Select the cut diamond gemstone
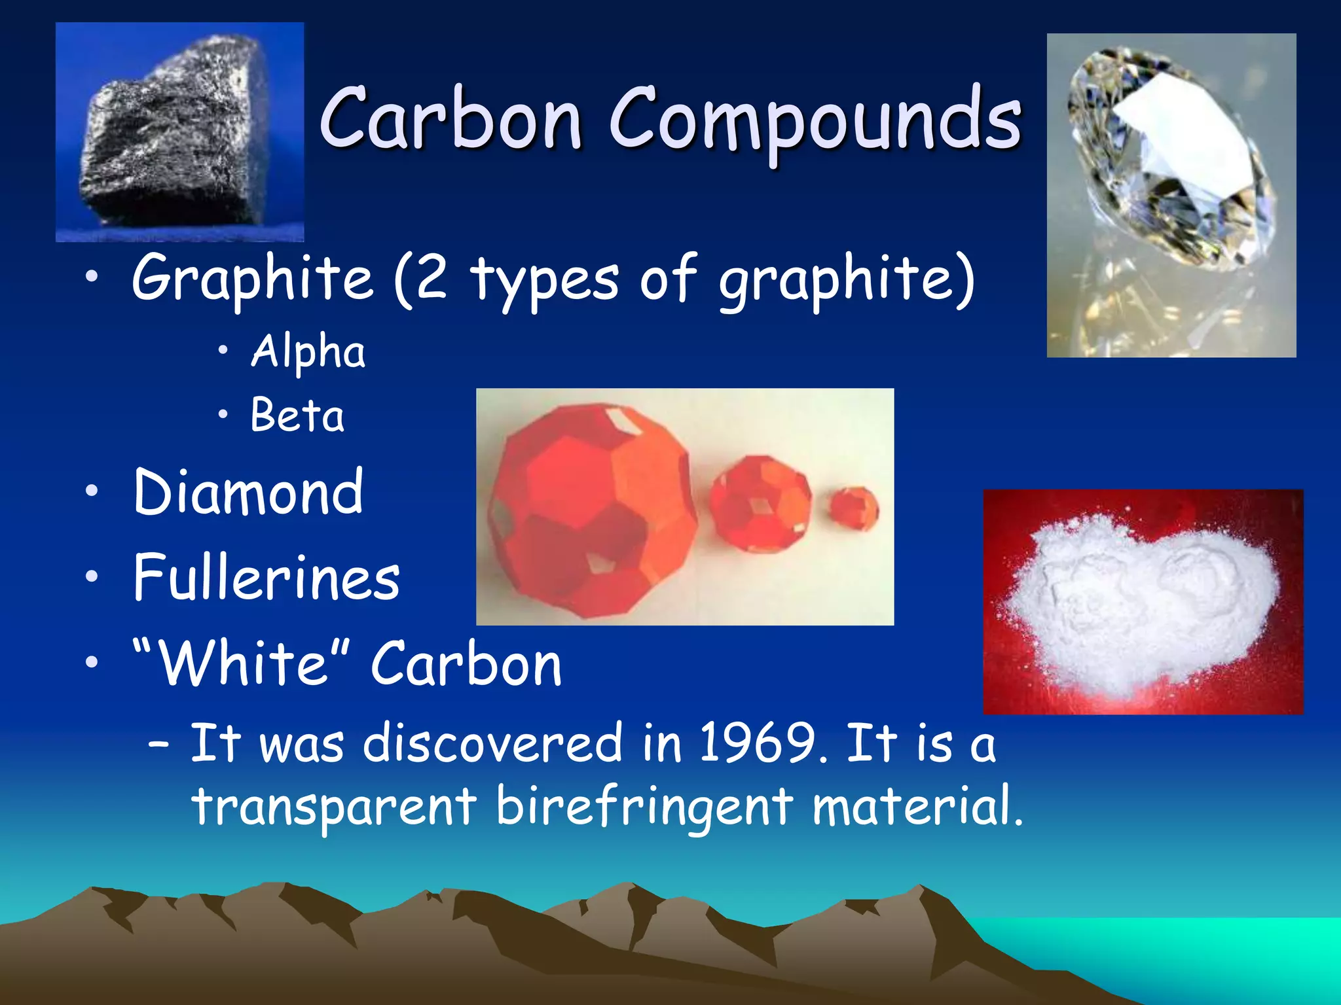point(1172,157)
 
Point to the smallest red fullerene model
point(853,509)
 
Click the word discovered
point(492,743)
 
